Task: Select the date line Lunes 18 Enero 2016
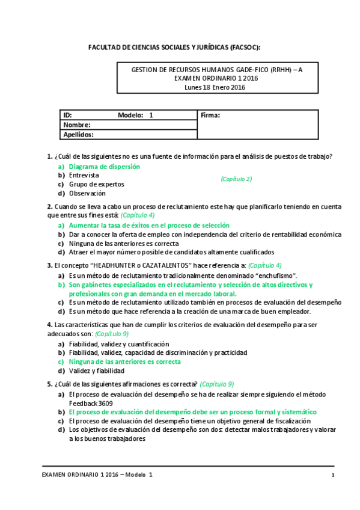pos(215,87)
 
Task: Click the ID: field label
pos(68,115)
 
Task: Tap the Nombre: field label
pos(77,124)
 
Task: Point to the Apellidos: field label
pos(79,135)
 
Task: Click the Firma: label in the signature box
pos(210,115)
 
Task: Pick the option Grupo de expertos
pos(96,184)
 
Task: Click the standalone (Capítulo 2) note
pos(236,179)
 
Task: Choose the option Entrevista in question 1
pos(84,175)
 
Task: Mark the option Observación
pos(87,193)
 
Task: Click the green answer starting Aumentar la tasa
pos(149,225)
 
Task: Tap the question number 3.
pos(49,265)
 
